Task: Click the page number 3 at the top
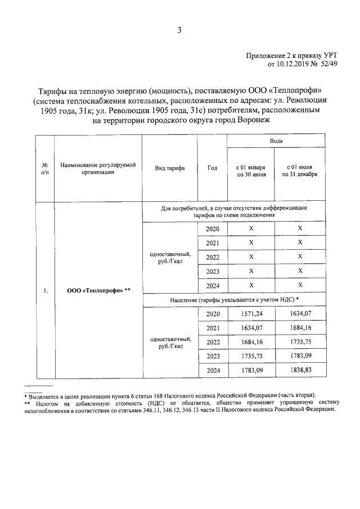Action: tap(179, 31)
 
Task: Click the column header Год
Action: tap(212, 168)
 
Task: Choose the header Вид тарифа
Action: tap(169, 168)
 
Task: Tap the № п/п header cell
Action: tap(44, 168)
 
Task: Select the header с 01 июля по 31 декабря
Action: tap(300, 171)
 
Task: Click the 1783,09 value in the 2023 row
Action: tap(300, 357)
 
